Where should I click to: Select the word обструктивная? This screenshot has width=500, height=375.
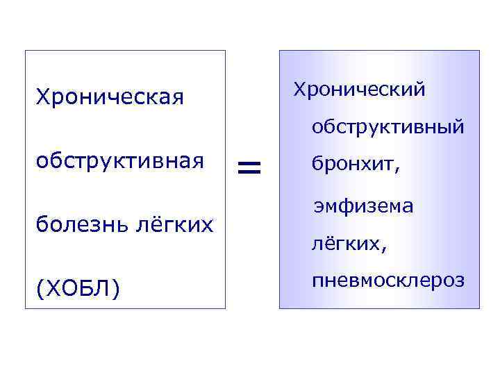pos(119,161)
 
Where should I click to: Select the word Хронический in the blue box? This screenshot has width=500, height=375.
pos(360,90)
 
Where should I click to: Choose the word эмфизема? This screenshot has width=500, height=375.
pos(363,206)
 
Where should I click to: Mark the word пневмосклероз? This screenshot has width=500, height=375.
pos(387,281)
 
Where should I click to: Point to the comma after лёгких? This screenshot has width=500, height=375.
pos(384,248)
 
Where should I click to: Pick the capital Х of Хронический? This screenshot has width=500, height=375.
pos(299,89)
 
